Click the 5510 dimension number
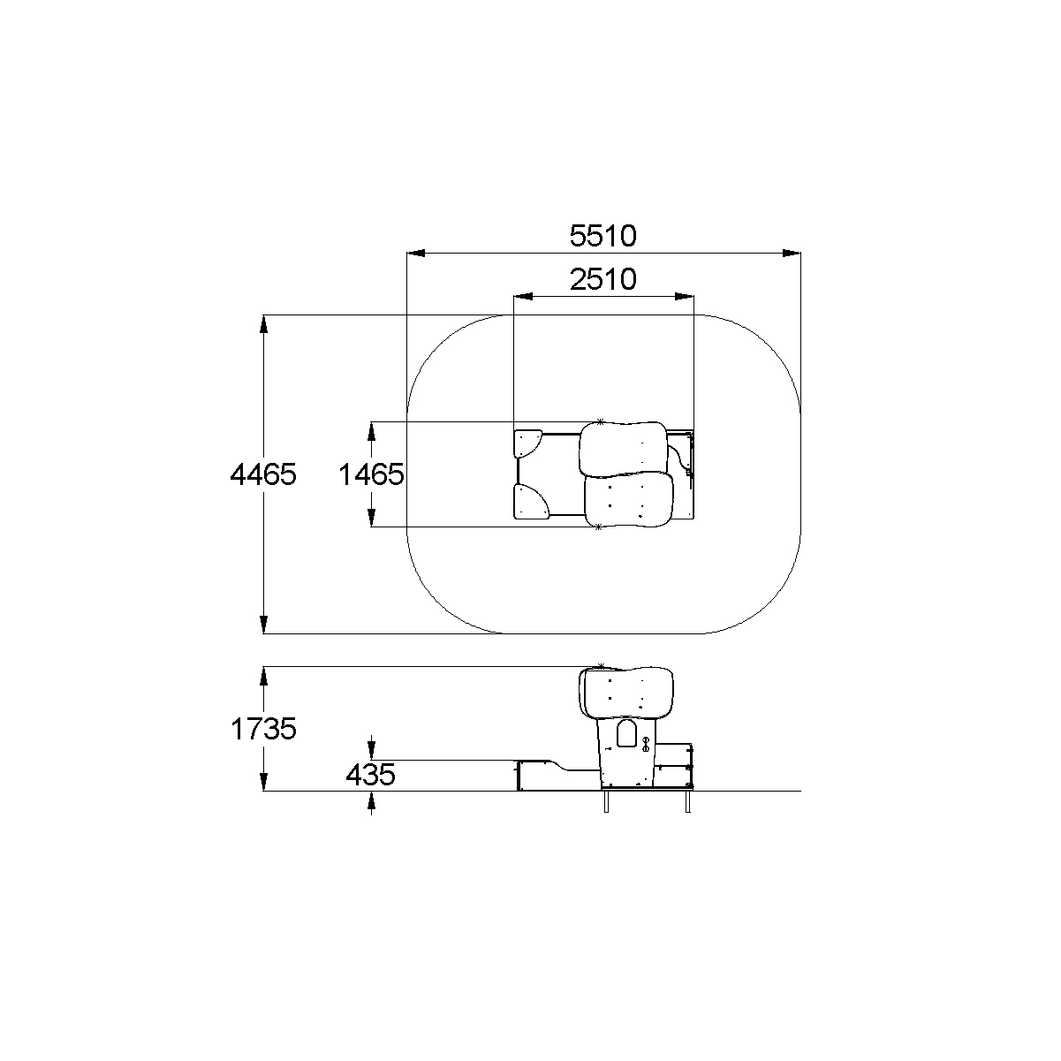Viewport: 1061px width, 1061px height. pyautogui.click(x=602, y=236)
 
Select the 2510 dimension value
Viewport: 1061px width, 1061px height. pyautogui.click(x=602, y=279)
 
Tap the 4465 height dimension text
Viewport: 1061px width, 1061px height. pyautogui.click(x=263, y=474)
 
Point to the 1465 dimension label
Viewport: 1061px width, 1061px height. pyautogui.click(x=371, y=474)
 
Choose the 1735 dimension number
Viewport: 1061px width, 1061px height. pyautogui.click(x=263, y=729)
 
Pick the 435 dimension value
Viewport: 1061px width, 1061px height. pyautogui.click(x=370, y=775)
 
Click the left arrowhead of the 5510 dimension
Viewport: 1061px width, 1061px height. pyautogui.click(x=416, y=254)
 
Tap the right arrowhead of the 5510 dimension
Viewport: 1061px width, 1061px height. pyautogui.click(x=792, y=254)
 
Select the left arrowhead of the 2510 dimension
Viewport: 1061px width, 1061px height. pyautogui.click(x=523, y=297)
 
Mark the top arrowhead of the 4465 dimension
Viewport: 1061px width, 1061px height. pyautogui.click(x=264, y=324)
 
